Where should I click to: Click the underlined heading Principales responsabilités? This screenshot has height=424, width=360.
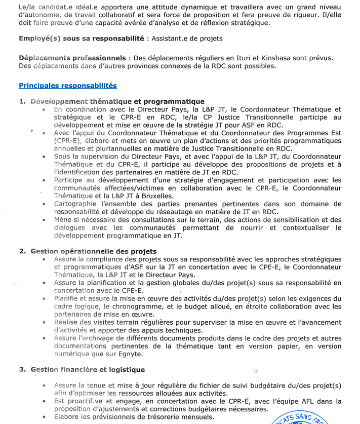tap(67, 86)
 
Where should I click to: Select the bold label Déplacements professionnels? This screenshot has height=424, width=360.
tap(72, 58)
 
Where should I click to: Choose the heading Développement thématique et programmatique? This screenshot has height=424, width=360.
tap(110, 102)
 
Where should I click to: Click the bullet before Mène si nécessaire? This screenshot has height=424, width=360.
tap(45, 220)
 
